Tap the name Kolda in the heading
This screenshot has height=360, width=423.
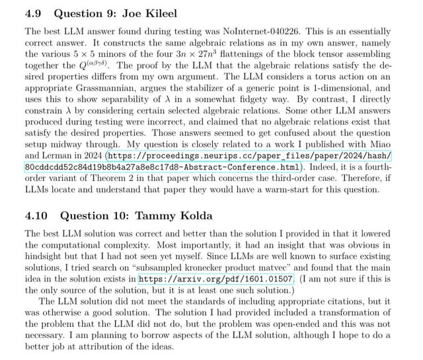[195, 216]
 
